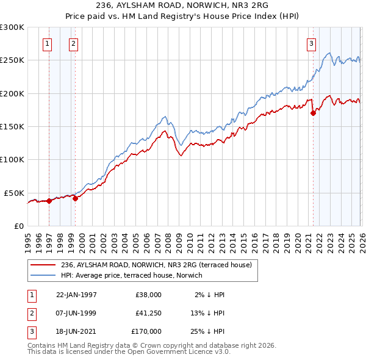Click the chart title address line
(x=183, y=5)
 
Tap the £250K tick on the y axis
(x=12, y=60)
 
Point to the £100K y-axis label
(x=12, y=159)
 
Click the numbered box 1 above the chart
(x=48, y=43)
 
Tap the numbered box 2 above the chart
(x=73, y=43)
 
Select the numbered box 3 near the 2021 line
(x=311, y=43)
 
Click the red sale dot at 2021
(x=313, y=113)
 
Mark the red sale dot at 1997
(x=49, y=201)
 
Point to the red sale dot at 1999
(x=75, y=198)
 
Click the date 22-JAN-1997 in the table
(x=76, y=294)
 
